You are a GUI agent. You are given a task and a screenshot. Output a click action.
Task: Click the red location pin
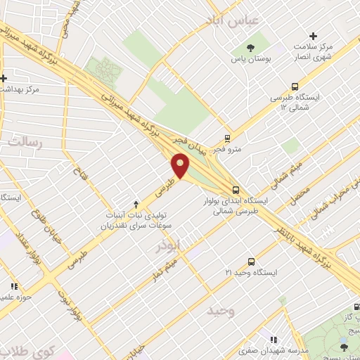click(181, 166)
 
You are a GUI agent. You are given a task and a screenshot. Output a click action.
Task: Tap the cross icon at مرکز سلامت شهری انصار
click(313, 36)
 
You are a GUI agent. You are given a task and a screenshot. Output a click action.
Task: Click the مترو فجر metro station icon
click(226, 138)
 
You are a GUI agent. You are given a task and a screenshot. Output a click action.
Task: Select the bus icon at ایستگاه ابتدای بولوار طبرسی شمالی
click(236, 190)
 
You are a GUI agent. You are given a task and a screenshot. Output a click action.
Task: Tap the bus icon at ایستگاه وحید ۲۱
click(252, 261)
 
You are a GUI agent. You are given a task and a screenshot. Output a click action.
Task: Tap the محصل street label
click(301, 191)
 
